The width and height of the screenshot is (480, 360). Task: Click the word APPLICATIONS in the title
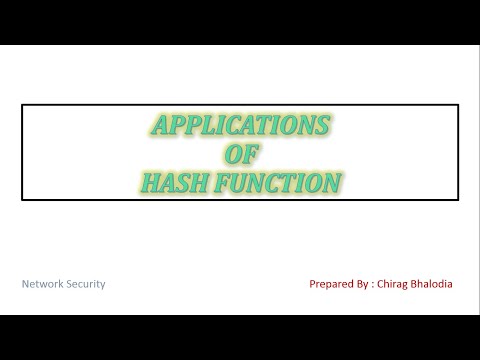click(x=240, y=126)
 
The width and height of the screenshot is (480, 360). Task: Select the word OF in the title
click(x=240, y=154)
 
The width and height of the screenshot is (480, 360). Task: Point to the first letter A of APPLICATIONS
click(x=158, y=126)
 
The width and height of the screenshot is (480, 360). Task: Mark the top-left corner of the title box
click(x=23, y=105)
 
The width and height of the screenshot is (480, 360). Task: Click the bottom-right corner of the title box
click(x=458, y=200)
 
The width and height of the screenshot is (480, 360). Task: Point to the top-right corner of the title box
click(x=458, y=105)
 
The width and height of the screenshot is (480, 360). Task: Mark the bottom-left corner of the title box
click(x=23, y=200)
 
